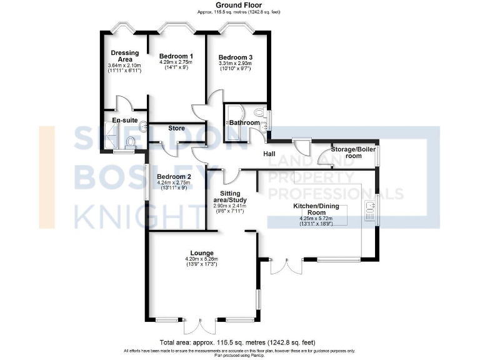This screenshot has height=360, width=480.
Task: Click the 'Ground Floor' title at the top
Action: tap(239, 5)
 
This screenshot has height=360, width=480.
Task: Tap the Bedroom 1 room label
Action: tap(176, 56)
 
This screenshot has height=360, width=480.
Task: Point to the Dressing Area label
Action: tap(124, 56)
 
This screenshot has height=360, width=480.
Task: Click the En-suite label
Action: tap(124, 120)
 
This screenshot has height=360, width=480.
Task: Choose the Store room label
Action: tap(177, 128)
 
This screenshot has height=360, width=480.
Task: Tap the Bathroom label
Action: tap(244, 122)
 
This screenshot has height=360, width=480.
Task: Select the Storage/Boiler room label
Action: tap(355, 152)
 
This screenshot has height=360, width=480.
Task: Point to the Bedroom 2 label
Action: tap(174, 176)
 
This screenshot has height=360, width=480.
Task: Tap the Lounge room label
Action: tap(199, 252)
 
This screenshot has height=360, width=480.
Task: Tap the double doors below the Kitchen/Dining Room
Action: tap(284, 265)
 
